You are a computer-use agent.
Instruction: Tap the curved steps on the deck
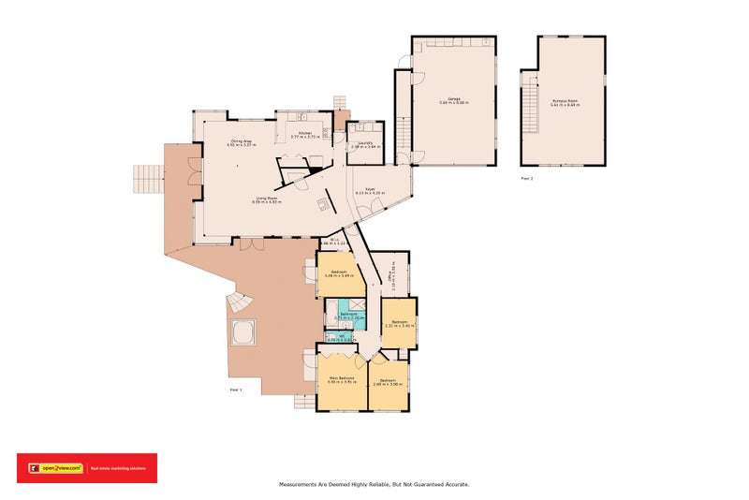click(x=240, y=302)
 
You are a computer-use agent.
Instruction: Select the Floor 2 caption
click(x=527, y=177)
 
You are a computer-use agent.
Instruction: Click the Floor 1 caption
click(x=236, y=389)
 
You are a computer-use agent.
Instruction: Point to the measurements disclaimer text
click(x=374, y=484)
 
